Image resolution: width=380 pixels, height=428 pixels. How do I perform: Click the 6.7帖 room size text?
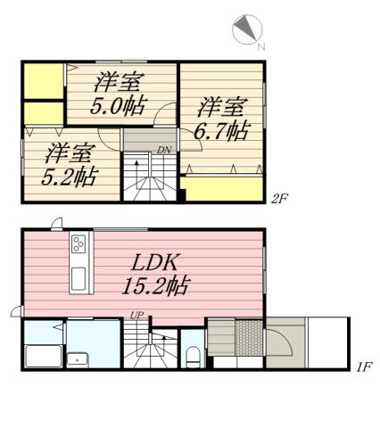coord(223,132)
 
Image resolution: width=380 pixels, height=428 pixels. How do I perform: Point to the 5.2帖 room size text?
coord(69,176)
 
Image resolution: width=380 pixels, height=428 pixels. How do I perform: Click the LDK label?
coord(158,263)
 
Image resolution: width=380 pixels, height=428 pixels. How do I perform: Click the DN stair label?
coord(164,150)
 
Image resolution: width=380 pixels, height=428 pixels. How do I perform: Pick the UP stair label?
coord(136,315)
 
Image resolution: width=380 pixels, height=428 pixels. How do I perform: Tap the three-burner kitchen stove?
coord(78,243)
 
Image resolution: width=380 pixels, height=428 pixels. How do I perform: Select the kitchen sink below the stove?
coord(78,278)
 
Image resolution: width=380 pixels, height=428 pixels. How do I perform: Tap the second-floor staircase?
coord(148,177)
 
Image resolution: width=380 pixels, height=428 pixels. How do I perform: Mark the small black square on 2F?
coord(183,185)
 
